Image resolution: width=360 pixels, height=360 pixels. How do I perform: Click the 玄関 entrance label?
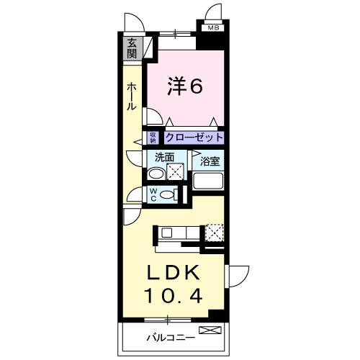[132, 49]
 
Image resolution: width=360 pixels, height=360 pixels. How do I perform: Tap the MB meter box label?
[213, 28]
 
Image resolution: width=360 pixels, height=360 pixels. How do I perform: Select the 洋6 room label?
[185, 86]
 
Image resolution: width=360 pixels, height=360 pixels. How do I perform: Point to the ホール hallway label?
[132, 96]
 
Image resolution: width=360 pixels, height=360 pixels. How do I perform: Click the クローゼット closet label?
[194, 137]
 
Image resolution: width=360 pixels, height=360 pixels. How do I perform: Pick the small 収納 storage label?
[153, 136]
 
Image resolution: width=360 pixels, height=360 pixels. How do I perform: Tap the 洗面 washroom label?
[164, 156]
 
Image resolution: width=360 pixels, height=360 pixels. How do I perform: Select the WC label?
[153, 194]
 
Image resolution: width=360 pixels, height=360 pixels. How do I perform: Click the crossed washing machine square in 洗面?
[174, 171]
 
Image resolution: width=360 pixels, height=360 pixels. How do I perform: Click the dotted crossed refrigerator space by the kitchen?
[215, 233]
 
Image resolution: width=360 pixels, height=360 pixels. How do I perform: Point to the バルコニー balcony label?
[168, 336]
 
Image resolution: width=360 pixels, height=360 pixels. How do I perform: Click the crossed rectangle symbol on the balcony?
[209, 331]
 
